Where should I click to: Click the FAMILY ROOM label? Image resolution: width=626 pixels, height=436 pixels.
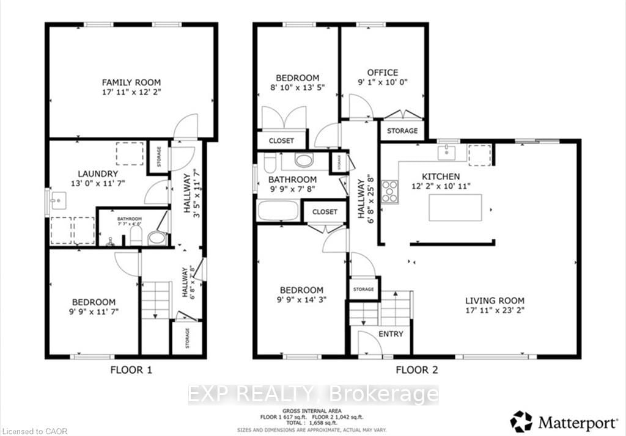click(x=131, y=82)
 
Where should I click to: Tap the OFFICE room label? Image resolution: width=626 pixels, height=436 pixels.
click(x=383, y=72)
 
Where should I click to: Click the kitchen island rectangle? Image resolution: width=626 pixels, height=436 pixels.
click(x=455, y=208)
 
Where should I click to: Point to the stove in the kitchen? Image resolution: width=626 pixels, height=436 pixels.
click(x=389, y=193)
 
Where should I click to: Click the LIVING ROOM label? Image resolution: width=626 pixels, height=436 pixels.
click(x=495, y=300)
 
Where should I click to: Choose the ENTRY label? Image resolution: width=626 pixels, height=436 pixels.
click(x=391, y=333)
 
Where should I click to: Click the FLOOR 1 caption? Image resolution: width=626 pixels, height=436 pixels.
click(x=131, y=369)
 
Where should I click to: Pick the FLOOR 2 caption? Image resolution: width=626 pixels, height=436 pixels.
click(x=416, y=369)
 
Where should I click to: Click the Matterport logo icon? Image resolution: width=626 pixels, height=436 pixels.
click(x=521, y=421)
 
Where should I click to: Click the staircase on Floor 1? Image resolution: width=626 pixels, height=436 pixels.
click(x=156, y=300)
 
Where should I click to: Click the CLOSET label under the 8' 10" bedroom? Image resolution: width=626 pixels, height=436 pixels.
click(x=281, y=140)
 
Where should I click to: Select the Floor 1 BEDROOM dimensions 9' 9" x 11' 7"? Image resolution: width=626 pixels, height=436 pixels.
click(x=94, y=312)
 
